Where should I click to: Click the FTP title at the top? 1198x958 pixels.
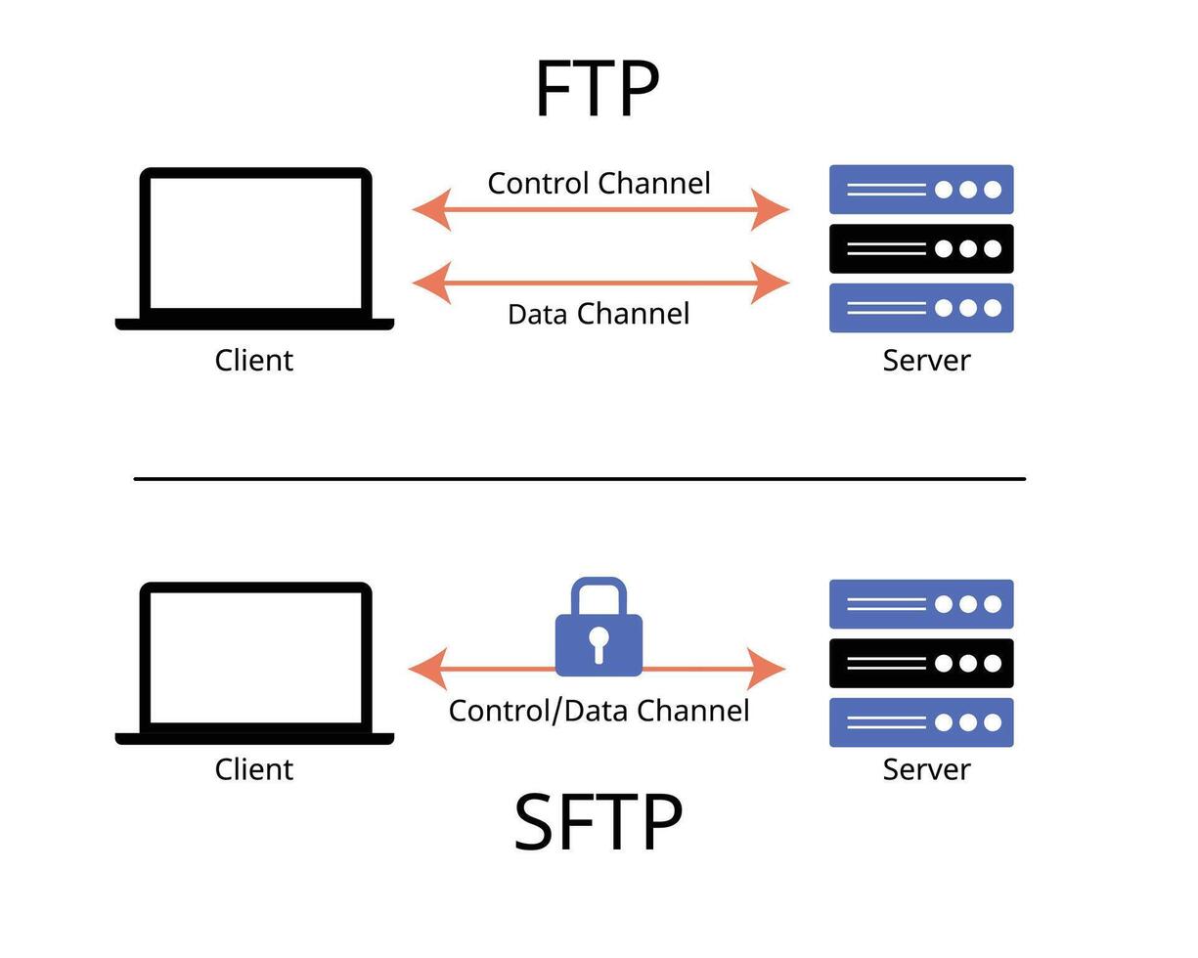tap(598, 89)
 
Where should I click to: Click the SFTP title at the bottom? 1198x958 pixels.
tap(598, 823)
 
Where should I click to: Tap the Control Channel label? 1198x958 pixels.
tap(599, 183)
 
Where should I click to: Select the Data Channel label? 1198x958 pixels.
tap(599, 314)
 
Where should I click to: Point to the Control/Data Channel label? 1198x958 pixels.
tap(599, 711)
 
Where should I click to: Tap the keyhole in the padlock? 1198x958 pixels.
tap(599, 642)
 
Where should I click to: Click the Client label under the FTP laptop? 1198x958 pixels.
tap(254, 360)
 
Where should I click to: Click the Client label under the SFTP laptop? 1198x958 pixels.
tap(254, 768)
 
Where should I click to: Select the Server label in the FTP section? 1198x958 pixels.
tap(926, 360)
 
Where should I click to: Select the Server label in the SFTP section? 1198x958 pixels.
tap(926, 768)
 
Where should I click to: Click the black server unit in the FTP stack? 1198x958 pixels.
tap(921, 248)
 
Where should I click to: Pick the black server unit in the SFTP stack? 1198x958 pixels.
tap(921, 663)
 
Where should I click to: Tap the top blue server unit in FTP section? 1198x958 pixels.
tap(921, 189)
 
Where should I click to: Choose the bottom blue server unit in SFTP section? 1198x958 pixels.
tap(921, 722)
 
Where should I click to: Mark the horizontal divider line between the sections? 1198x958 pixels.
tap(579, 479)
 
